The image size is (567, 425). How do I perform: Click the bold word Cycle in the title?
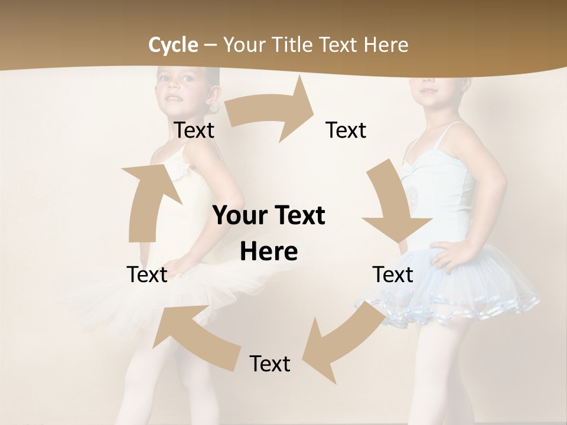173,45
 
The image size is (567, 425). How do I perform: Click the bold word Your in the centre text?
239,216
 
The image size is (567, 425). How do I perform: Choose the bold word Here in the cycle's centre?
269,252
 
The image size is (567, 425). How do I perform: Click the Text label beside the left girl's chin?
194,130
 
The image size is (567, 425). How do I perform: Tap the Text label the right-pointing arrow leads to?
346,130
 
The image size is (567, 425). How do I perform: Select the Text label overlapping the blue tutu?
393,274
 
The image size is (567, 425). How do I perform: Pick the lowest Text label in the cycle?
270,364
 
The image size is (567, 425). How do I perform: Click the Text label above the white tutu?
147,274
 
